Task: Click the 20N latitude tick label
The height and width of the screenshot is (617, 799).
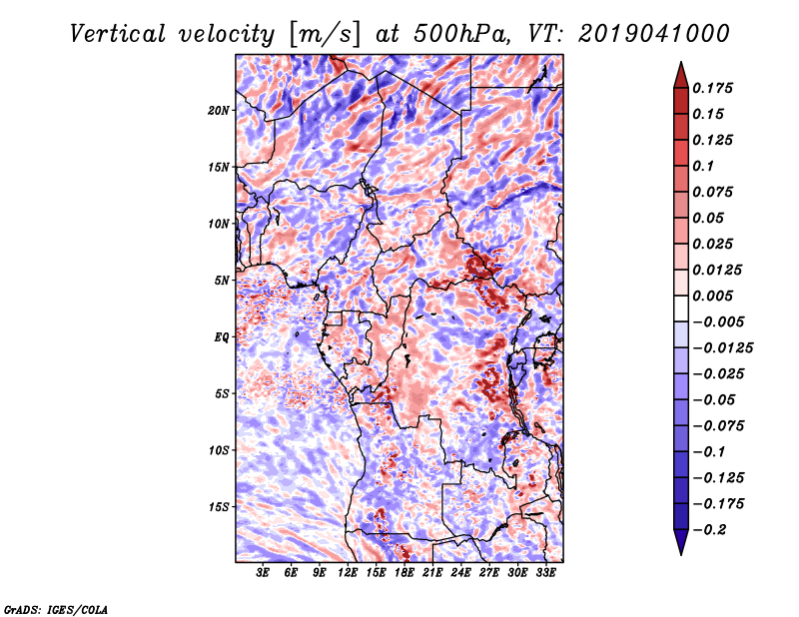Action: tap(219, 110)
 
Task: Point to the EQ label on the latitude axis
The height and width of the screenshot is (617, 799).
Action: tap(222, 336)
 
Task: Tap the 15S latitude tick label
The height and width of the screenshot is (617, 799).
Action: tap(219, 507)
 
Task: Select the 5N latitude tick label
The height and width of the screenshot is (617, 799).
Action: tap(222, 281)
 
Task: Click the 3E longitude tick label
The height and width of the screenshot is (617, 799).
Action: tap(263, 573)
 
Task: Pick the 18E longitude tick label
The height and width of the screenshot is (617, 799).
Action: tap(404, 573)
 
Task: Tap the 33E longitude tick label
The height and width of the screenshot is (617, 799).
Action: tap(545, 573)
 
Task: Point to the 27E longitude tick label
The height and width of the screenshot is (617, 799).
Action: tap(489, 573)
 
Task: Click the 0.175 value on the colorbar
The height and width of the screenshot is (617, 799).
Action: tap(712, 88)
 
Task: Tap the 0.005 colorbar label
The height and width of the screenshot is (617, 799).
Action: tap(712, 296)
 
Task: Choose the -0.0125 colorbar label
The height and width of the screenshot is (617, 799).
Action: tap(722, 348)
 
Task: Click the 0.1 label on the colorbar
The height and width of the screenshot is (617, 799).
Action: tap(703, 166)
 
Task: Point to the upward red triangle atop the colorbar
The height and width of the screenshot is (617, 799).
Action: tap(681, 75)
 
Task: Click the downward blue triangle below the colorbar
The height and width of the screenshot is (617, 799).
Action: tap(681, 542)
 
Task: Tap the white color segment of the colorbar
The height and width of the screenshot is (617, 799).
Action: tap(681, 308)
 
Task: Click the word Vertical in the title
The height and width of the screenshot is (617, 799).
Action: tap(118, 34)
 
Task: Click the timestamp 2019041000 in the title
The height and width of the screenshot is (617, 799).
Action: tap(654, 34)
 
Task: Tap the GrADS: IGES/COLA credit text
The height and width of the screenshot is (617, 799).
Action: tap(56, 610)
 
